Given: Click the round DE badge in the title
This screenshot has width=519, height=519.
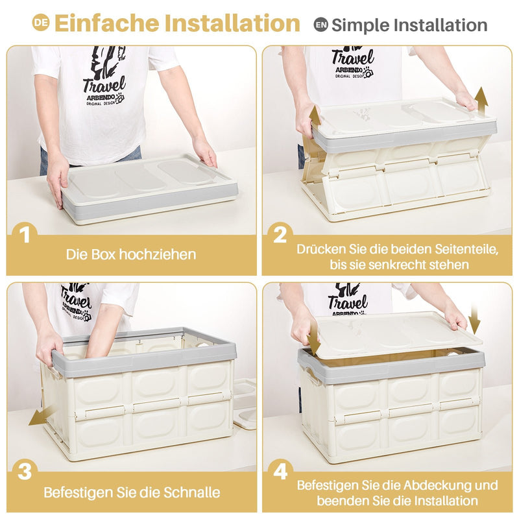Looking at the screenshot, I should (x=41, y=23).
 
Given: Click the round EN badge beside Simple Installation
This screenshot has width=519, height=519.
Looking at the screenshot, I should (x=320, y=25).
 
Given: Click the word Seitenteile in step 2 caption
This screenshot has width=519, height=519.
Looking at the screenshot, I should (x=460, y=248).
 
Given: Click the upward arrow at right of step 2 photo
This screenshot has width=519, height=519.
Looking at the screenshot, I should (x=481, y=99).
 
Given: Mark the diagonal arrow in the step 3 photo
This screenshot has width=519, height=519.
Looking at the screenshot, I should (x=39, y=415).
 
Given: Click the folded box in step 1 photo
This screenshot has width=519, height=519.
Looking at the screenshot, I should (x=149, y=188).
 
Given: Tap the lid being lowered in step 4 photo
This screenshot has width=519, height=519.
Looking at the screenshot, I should (x=396, y=334).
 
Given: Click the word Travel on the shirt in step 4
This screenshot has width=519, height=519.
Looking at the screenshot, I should (x=347, y=303).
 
